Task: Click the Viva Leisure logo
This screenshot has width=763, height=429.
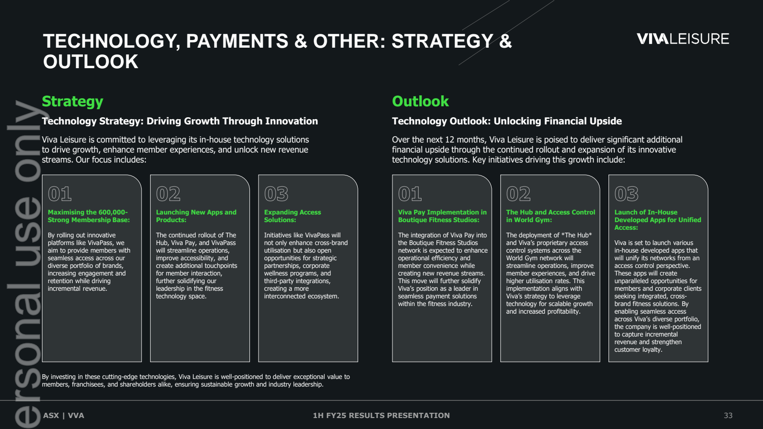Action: tap(682, 39)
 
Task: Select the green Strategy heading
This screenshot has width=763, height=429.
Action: tap(72, 102)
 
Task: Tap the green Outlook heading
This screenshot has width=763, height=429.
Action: tap(420, 101)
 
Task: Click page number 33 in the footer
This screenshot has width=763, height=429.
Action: tap(728, 415)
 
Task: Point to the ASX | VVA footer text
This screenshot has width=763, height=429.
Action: tap(63, 415)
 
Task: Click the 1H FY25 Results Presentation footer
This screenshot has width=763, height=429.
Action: tap(381, 415)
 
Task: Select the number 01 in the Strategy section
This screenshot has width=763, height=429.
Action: tap(60, 194)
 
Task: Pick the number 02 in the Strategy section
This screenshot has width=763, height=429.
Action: tap(168, 194)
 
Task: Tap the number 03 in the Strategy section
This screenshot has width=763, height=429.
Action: tap(276, 194)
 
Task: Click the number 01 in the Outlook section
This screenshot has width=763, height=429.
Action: tap(410, 194)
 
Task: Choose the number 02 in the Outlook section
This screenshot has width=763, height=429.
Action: tap(518, 194)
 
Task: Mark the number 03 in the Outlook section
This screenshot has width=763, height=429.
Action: tap(627, 194)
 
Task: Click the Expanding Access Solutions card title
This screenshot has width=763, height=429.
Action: tap(292, 216)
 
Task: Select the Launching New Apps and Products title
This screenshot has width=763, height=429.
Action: tap(196, 216)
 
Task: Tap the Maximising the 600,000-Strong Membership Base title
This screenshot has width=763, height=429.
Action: tap(89, 216)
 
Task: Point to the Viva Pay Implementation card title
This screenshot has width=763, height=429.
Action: tap(442, 216)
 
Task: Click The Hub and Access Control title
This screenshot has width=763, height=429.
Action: tap(550, 216)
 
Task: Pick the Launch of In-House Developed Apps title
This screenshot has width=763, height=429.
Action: tap(658, 220)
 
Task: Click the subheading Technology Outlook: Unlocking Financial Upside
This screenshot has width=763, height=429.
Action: tap(507, 121)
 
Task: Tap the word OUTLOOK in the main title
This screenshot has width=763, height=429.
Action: tap(91, 61)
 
